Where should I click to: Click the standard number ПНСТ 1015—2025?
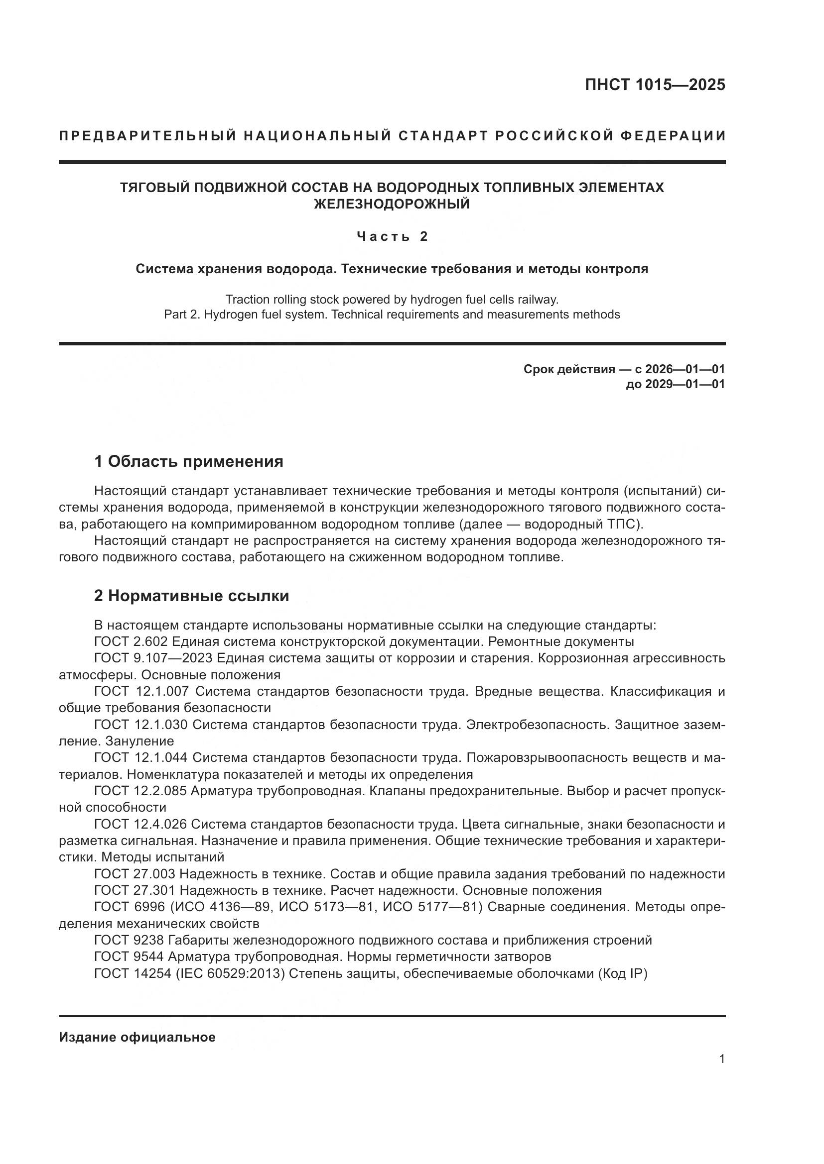[x=655, y=85]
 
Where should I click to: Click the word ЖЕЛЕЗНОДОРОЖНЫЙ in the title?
[x=392, y=205]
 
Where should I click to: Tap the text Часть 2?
[x=392, y=236]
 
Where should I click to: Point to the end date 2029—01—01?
[x=685, y=384]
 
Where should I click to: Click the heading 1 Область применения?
[x=188, y=461]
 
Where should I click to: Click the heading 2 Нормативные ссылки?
[x=191, y=596]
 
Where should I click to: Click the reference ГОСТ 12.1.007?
[x=141, y=692]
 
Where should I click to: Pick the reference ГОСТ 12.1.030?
[x=141, y=725]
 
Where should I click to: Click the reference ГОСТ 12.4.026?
[x=141, y=824]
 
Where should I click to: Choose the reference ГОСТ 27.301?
[x=135, y=890]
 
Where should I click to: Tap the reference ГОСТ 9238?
[x=129, y=941]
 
